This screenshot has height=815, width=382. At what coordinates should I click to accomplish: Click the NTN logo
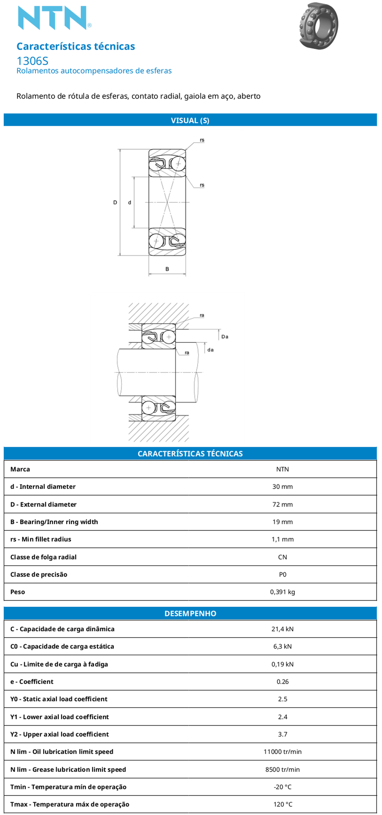54,18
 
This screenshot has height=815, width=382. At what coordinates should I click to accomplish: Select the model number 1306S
32,61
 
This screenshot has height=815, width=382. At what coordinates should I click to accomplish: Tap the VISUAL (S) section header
190,120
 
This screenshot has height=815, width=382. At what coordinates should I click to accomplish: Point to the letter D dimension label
115,203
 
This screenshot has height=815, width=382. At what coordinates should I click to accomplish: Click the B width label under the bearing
167,269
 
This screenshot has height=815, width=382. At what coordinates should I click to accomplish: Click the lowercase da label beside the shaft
211,350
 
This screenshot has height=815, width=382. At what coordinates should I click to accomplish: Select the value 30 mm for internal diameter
283,487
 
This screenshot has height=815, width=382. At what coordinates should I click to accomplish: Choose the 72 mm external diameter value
283,504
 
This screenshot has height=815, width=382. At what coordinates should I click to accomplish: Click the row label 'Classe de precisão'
38,575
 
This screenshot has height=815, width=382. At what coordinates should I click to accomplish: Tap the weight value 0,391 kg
283,592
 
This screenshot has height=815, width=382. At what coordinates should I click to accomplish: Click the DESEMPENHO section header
190,613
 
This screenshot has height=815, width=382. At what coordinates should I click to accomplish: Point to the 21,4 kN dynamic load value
283,629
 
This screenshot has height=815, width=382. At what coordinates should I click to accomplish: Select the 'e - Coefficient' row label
32,682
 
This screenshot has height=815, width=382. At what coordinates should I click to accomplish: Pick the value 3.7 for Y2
283,734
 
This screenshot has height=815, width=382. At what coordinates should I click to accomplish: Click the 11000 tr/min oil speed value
283,752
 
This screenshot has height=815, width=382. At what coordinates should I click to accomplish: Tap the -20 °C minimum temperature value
283,787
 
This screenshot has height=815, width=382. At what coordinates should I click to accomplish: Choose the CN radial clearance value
283,557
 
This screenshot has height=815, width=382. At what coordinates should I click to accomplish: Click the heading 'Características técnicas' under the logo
75,46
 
